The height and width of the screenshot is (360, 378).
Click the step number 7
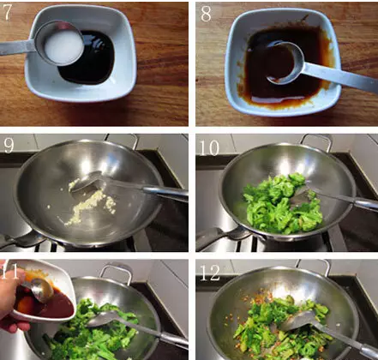pos(7,12)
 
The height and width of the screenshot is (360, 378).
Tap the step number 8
pos(206,14)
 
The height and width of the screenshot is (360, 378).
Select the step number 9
pos(9,145)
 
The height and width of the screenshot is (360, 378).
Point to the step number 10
pos(209,147)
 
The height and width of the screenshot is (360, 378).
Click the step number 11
pos(10,273)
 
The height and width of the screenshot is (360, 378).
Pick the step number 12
pos(210,273)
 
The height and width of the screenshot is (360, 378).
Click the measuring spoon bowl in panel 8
pos(285,63)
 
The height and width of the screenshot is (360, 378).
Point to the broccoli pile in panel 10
pos(283,203)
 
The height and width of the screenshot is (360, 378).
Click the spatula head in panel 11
pos(105,319)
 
